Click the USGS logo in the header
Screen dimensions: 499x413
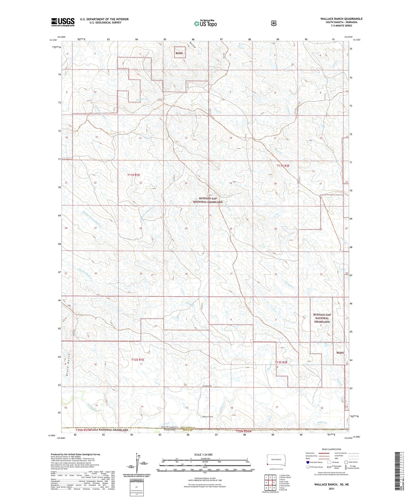click(x=63, y=22)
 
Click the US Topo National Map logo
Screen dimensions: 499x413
click(x=205, y=23)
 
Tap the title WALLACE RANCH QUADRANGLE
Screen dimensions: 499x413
click(x=341, y=19)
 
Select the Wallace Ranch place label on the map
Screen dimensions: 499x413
click(x=207, y=417)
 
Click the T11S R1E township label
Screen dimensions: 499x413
click(x=134, y=175)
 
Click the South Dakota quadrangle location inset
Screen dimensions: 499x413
click(x=276, y=460)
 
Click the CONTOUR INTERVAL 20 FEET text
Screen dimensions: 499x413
click(x=205, y=480)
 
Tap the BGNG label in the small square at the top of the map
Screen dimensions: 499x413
click(x=179, y=53)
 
